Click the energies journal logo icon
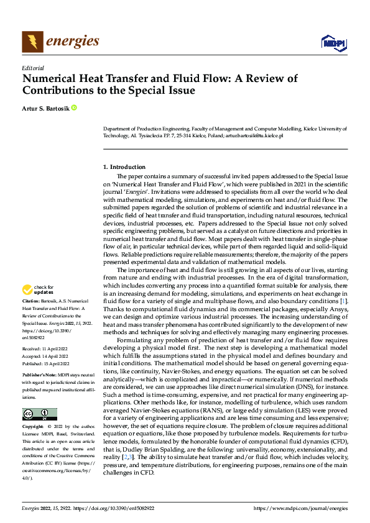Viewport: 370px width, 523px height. pyautogui.click(x=31, y=42)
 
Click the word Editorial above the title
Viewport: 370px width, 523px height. pyautogui.click(x=33, y=67)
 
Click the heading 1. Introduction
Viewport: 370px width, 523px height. pyautogui.click(x=124, y=166)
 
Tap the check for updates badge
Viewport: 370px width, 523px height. pyautogui.click(x=39, y=289)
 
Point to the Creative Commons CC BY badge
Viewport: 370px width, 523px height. pyautogui.click(x=39, y=414)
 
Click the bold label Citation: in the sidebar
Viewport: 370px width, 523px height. pyautogui.click(x=32, y=301)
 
